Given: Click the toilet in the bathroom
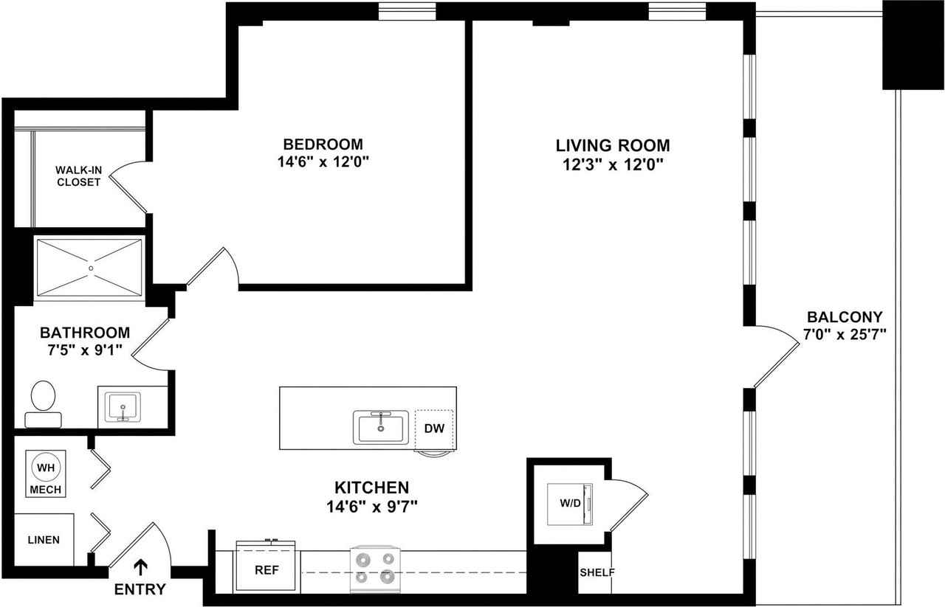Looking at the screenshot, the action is (43, 404).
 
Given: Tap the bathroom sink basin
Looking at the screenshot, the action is (123, 407).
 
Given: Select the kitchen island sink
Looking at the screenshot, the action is (381, 427).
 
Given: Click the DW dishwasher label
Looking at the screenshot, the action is (434, 429).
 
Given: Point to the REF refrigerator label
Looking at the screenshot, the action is (267, 570).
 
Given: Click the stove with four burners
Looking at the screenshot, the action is (376, 569).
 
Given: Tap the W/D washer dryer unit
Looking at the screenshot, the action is (570, 504).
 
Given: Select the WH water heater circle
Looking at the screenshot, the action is (46, 468).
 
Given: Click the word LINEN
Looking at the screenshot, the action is (44, 540).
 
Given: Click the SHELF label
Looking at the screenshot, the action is (597, 572).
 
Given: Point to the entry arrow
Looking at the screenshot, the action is (140, 567).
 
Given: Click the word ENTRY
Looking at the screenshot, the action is (140, 589).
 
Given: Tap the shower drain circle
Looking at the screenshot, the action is (91, 268).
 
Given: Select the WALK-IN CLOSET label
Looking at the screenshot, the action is (78, 176).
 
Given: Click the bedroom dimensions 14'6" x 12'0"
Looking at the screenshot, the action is (323, 162).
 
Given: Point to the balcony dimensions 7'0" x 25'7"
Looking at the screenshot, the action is (845, 335).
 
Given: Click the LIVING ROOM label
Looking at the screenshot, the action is (613, 145).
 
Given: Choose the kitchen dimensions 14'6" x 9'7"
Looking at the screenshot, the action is (371, 506).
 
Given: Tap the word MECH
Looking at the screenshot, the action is (46, 490).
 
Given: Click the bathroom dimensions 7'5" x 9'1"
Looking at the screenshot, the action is (85, 350).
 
